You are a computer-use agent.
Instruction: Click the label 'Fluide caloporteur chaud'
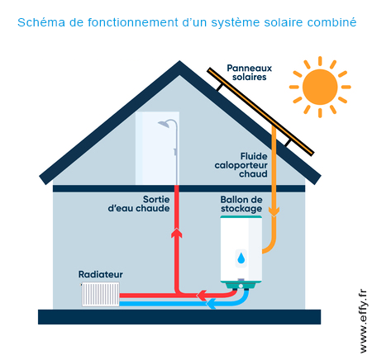click(x=241, y=164)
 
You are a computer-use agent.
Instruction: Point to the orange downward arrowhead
click(x=274, y=210)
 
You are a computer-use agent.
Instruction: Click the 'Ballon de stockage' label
click(x=241, y=204)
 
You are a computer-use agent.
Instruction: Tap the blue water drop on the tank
click(x=241, y=258)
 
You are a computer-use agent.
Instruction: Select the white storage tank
click(x=241, y=252)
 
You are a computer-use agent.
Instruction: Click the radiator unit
click(x=101, y=294)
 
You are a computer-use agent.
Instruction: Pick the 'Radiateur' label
click(x=100, y=273)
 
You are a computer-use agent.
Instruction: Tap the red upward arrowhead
click(x=176, y=234)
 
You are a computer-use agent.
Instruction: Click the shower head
click(x=168, y=125)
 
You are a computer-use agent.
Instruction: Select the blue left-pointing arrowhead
click(x=212, y=303)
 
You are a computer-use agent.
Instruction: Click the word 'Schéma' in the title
click(x=41, y=21)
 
